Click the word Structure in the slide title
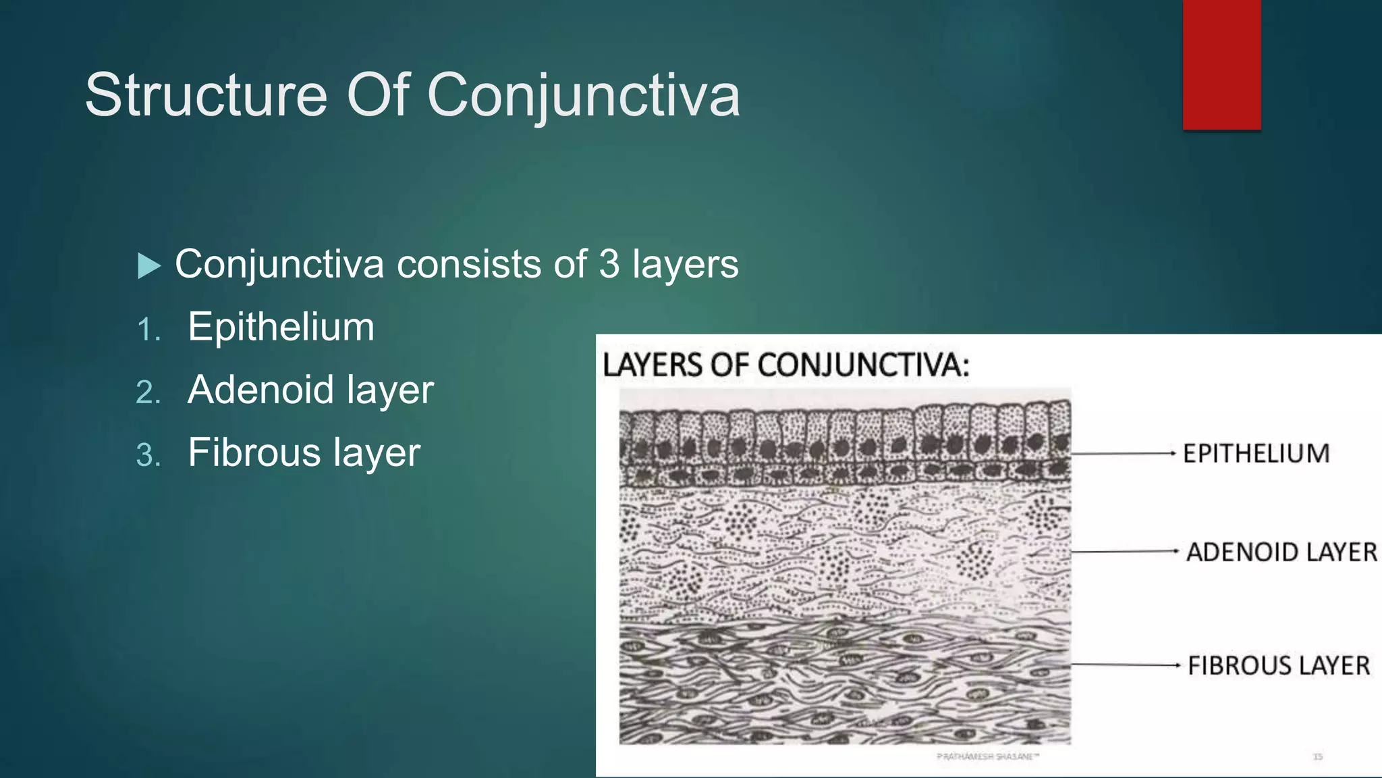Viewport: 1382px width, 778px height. pyautogui.click(x=206, y=95)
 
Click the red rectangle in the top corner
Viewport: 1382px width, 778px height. pyautogui.click(x=1221, y=65)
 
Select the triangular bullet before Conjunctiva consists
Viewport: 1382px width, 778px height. pyautogui.click(x=148, y=265)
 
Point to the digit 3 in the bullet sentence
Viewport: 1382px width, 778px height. pyautogui.click(x=609, y=263)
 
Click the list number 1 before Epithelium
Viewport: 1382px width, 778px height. pyautogui.click(x=148, y=330)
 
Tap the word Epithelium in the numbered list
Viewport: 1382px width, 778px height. pyautogui.click(x=281, y=327)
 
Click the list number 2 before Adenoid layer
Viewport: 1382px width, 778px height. pyautogui.click(x=148, y=392)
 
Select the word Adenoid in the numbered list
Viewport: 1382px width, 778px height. pyautogui.click(x=260, y=390)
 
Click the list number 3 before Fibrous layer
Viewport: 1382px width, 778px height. pyautogui.click(x=148, y=455)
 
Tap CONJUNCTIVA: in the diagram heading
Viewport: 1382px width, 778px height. pyautogui.click(x=863, y=365)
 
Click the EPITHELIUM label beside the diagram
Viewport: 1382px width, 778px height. pyautogui.click(x=1256, y=453)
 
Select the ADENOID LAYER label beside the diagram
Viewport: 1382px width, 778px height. pyautogui.click(x=1281, y=552)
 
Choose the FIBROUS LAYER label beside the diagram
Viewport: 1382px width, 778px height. pyautogui.click(x=1279, y=666)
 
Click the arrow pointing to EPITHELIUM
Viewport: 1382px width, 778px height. pyautogui.click(x=1124, y=454)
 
